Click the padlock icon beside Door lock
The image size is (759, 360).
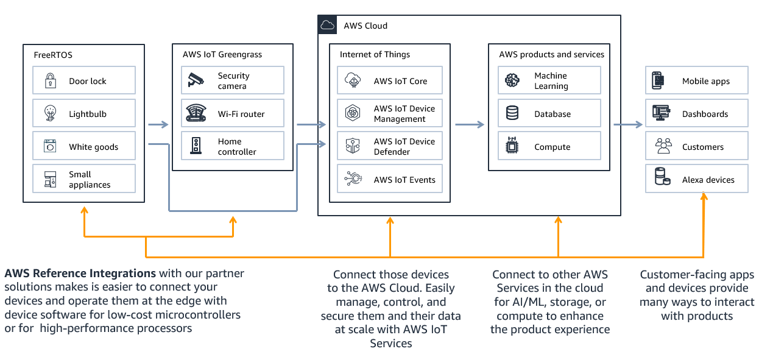[x=50, y=81]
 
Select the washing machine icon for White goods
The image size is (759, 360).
[x=50, y=147]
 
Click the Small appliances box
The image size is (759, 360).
[x=84, y=180]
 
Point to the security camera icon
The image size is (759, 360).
[x=196, y=80]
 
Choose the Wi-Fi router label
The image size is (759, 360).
[x=241, y=114]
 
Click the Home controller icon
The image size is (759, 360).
[x=196, y=146]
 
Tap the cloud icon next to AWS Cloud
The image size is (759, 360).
[x=328, y=26]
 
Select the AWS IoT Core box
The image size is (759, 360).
[x=390, y=81]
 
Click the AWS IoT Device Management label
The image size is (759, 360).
[x=404, y=114]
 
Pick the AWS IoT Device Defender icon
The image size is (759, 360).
[x=353, y=147]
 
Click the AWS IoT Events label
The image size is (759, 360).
[x=404, y=180]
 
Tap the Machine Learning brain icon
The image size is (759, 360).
[x=512, y=80]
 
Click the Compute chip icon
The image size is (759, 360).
[x=512, y=147]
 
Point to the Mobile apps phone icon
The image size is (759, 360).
[x=658, y=80]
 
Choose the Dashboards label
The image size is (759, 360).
[x=705, y=114]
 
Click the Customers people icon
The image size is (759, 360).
[x=662, y=147]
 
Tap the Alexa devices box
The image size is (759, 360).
[x=696, y=180]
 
